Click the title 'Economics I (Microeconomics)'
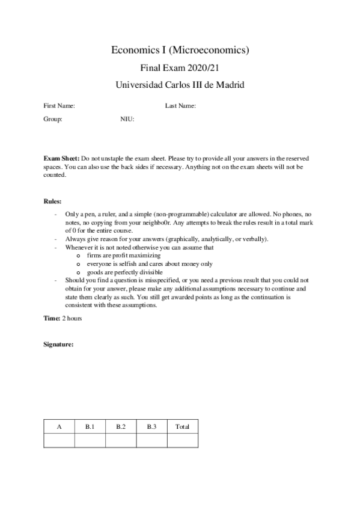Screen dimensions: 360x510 (x=180, y=51)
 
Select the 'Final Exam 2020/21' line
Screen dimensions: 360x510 (x=180, y=68)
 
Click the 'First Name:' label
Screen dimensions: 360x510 (x=59, y=106)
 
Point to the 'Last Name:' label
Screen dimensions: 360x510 (x=180, y=106)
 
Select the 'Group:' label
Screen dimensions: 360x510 (x=53, y=119)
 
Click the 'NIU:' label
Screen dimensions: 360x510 (x=127, y=119)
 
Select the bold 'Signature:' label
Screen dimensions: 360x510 (x=58, y=344)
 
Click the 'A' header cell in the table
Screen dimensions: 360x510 (x=59, y=426)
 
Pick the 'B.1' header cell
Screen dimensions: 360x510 (x=90, y=426)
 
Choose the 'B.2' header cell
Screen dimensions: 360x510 (x=121, y=426)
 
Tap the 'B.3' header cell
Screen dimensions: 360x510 (x=151, y=426)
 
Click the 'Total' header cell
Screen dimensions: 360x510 (x=182, y=426)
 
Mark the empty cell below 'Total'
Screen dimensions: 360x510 (x=182, y=441)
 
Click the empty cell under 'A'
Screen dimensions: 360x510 (x=59, y=441)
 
